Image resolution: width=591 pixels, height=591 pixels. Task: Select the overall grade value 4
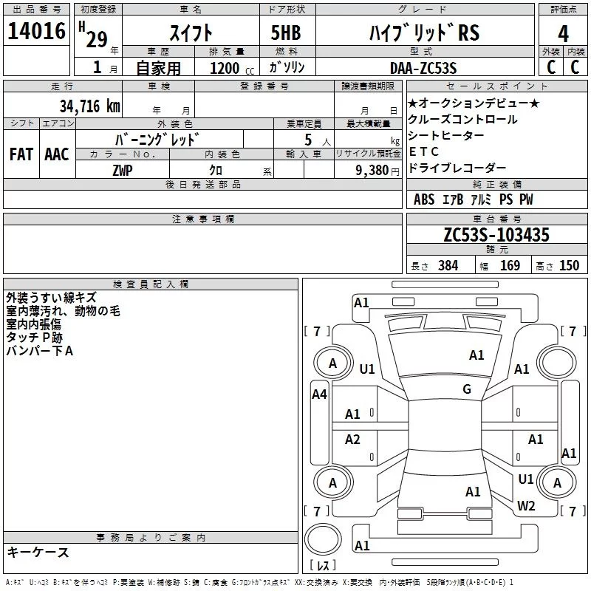563,33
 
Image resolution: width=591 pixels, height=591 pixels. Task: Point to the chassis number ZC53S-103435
496,236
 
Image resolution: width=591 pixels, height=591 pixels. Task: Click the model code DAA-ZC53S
423,67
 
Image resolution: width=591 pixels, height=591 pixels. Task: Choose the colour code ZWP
123,170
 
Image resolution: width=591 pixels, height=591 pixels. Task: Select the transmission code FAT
21,154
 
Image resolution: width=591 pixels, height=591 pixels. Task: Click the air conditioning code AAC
56,154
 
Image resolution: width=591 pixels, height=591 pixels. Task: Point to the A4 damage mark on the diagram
319,394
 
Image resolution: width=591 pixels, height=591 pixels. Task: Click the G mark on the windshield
467,389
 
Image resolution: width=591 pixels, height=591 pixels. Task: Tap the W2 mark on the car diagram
526,506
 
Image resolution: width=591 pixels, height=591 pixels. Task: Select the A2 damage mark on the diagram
353,440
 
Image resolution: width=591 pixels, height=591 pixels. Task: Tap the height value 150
570,266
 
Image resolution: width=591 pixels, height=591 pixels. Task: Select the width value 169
510,266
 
